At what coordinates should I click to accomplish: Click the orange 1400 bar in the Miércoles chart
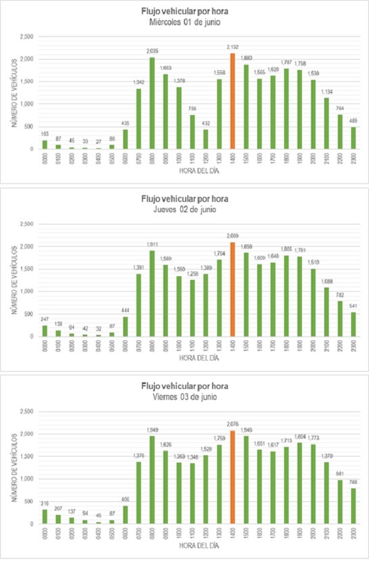232,101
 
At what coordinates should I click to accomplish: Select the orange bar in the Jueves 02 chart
232,289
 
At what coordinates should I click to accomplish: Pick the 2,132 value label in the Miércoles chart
232,47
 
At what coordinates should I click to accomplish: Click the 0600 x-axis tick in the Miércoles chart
125,161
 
